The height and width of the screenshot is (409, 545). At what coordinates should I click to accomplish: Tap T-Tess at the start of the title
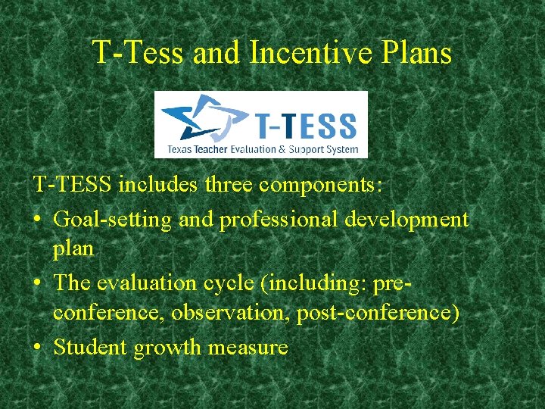click(x=138, y=53)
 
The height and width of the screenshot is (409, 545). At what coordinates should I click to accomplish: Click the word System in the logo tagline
click(x=342, y=149)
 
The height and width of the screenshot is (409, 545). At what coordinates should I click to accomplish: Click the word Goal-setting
click(x=113, y=220)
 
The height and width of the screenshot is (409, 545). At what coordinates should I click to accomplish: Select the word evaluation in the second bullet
click(x=154, y=283)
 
